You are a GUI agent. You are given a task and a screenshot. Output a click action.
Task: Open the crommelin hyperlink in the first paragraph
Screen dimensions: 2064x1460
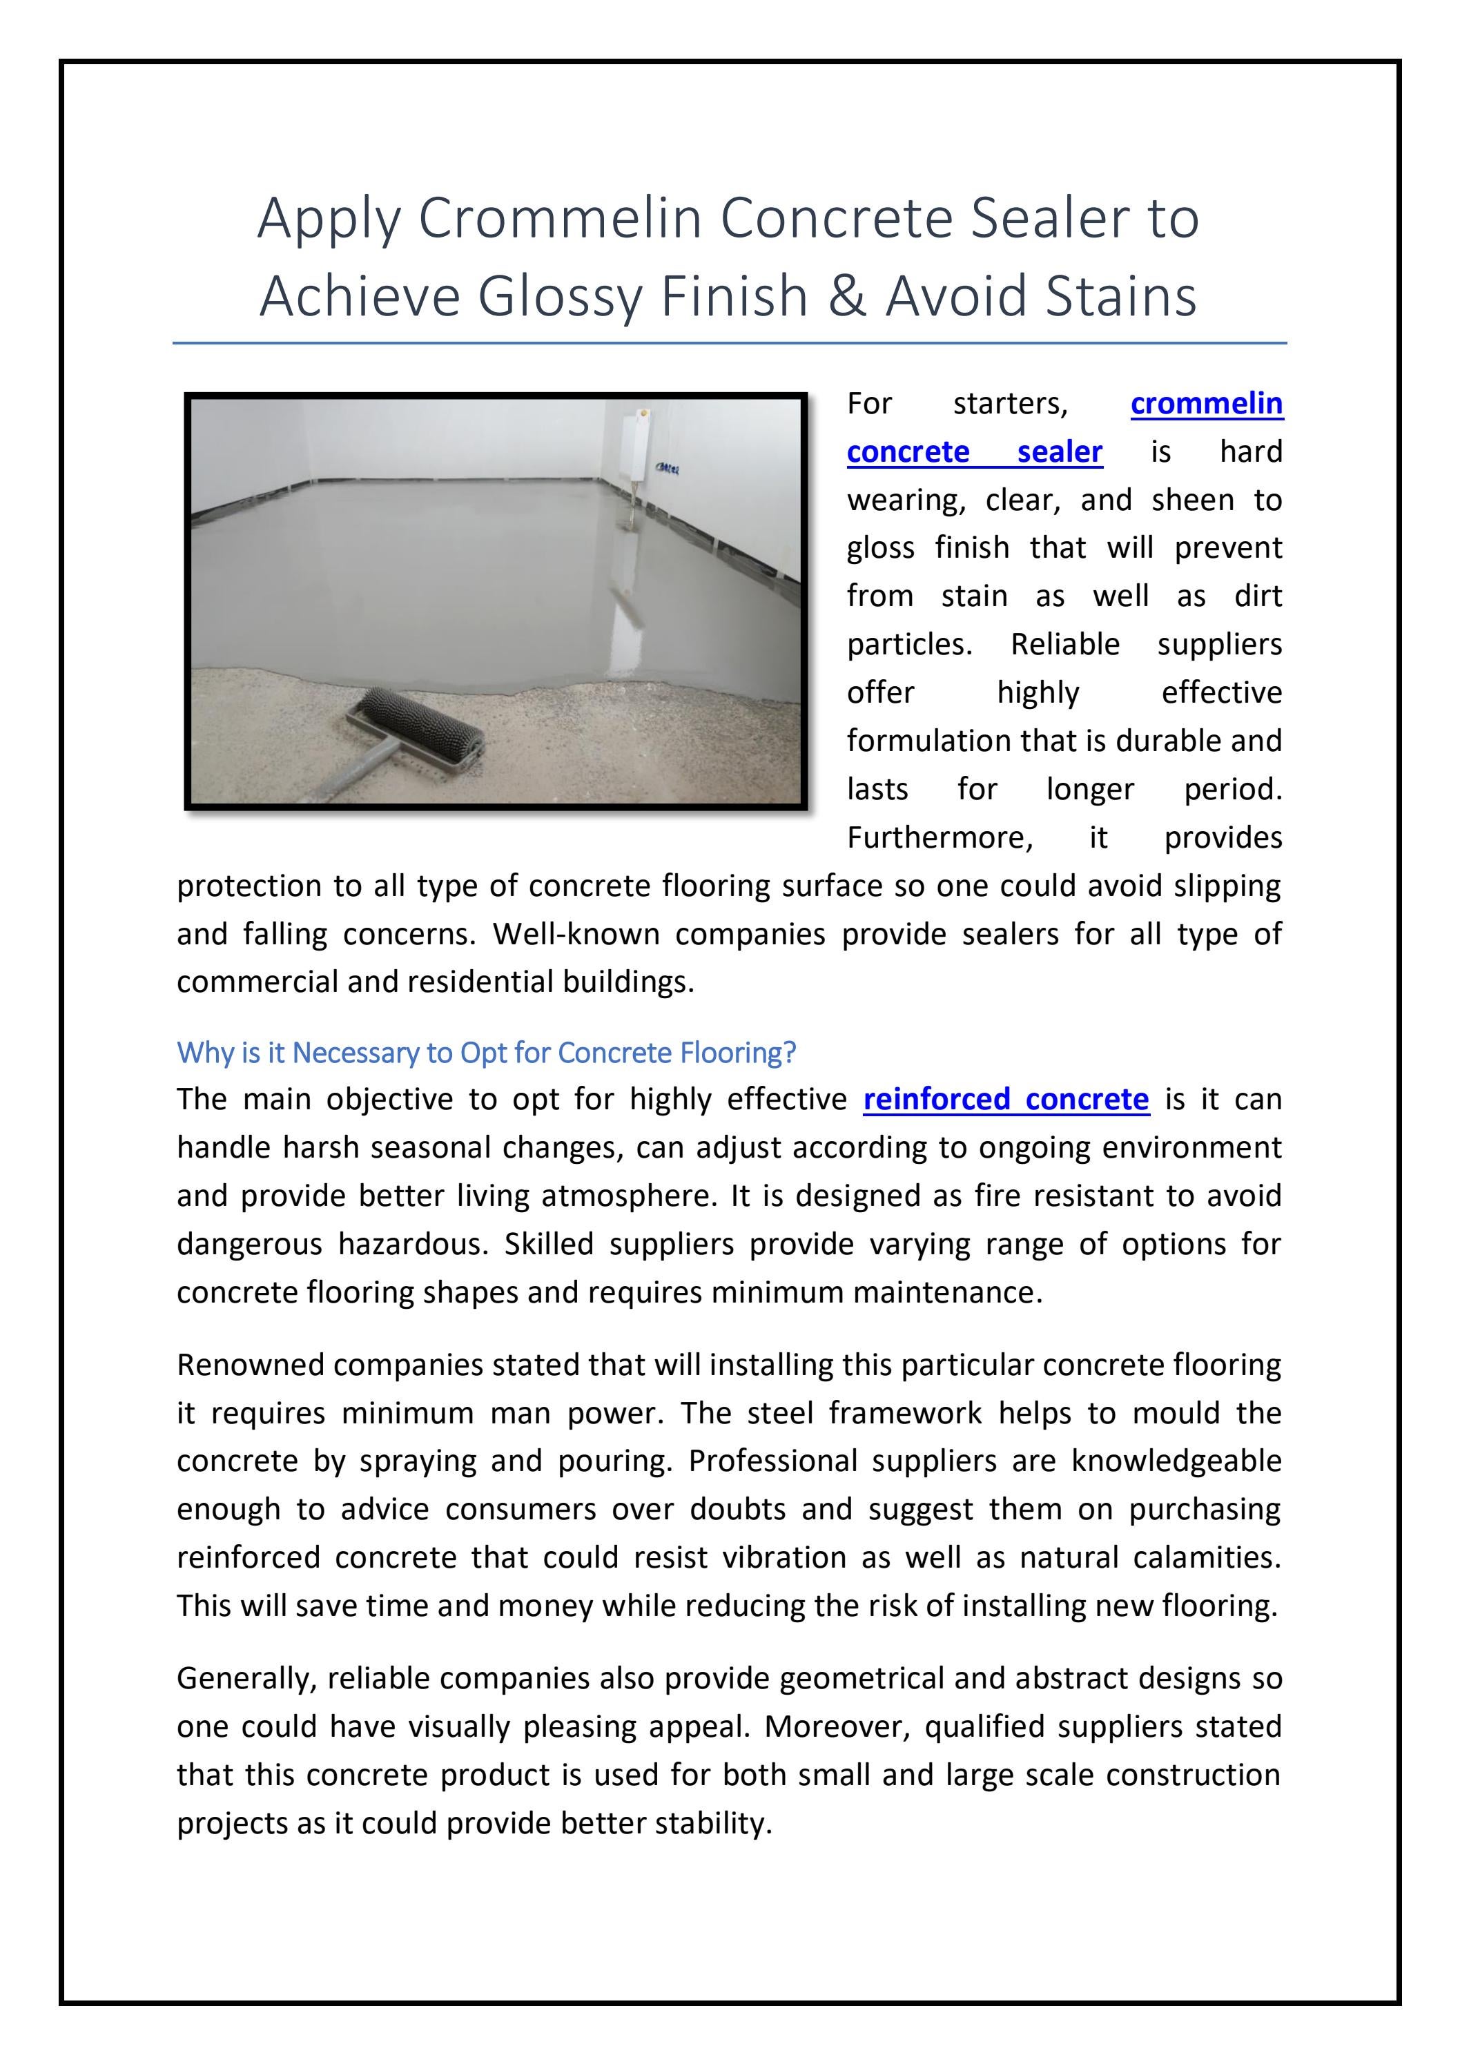(x=1205, y=404)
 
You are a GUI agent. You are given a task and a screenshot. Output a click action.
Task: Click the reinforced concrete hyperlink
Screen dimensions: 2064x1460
(x=1005, y=1100)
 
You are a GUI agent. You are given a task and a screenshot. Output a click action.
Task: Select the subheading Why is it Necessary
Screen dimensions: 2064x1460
(x=487, y=1052)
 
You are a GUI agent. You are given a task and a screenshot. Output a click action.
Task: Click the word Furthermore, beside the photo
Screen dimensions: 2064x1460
(x=940, y=838)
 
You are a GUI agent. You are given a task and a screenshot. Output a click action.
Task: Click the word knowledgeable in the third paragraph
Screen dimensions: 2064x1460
(x=1176, y=1461)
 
